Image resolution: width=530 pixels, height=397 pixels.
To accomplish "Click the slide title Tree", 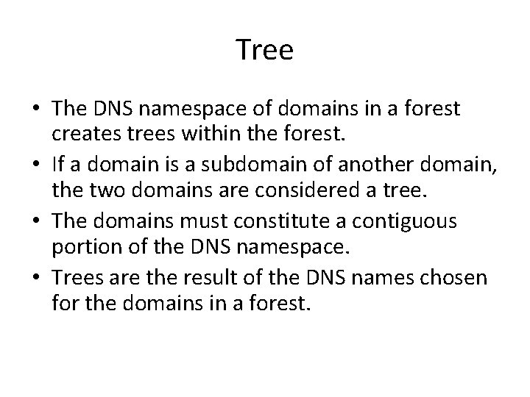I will (265, 51).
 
